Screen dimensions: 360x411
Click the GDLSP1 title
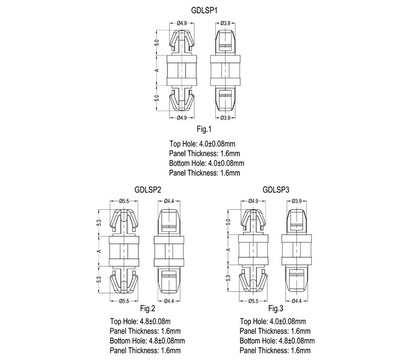[x=205, y=10]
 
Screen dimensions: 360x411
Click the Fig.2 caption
[x=147, y=309]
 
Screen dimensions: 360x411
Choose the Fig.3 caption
[x=276, y=309]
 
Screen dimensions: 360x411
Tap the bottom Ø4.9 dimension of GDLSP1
[x=181, y=118]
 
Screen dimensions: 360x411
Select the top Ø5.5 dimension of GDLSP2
[x=124, y=201]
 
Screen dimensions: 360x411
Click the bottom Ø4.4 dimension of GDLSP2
[x=169, y=300]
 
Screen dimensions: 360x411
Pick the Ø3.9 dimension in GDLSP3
[x=296, y=201]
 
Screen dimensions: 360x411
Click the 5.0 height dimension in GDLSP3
[x=229, y=222]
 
